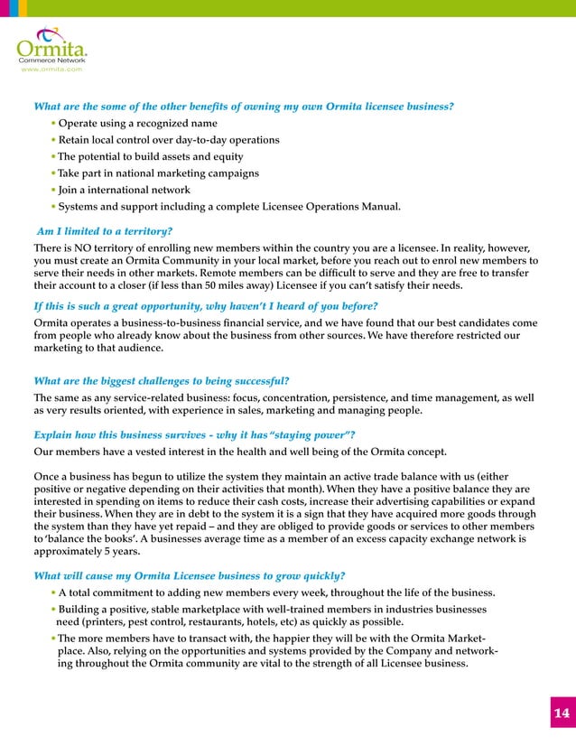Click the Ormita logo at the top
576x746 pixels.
(51, 46)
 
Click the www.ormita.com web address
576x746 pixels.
(51, 69)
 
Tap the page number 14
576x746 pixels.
(561, 713)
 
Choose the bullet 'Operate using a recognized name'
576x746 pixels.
(137, 123)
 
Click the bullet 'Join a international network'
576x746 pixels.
(124, 190)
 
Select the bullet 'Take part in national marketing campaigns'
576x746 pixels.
(158, 173)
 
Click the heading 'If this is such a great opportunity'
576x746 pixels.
(205, 306)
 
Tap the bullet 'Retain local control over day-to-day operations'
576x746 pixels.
(169, 140)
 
